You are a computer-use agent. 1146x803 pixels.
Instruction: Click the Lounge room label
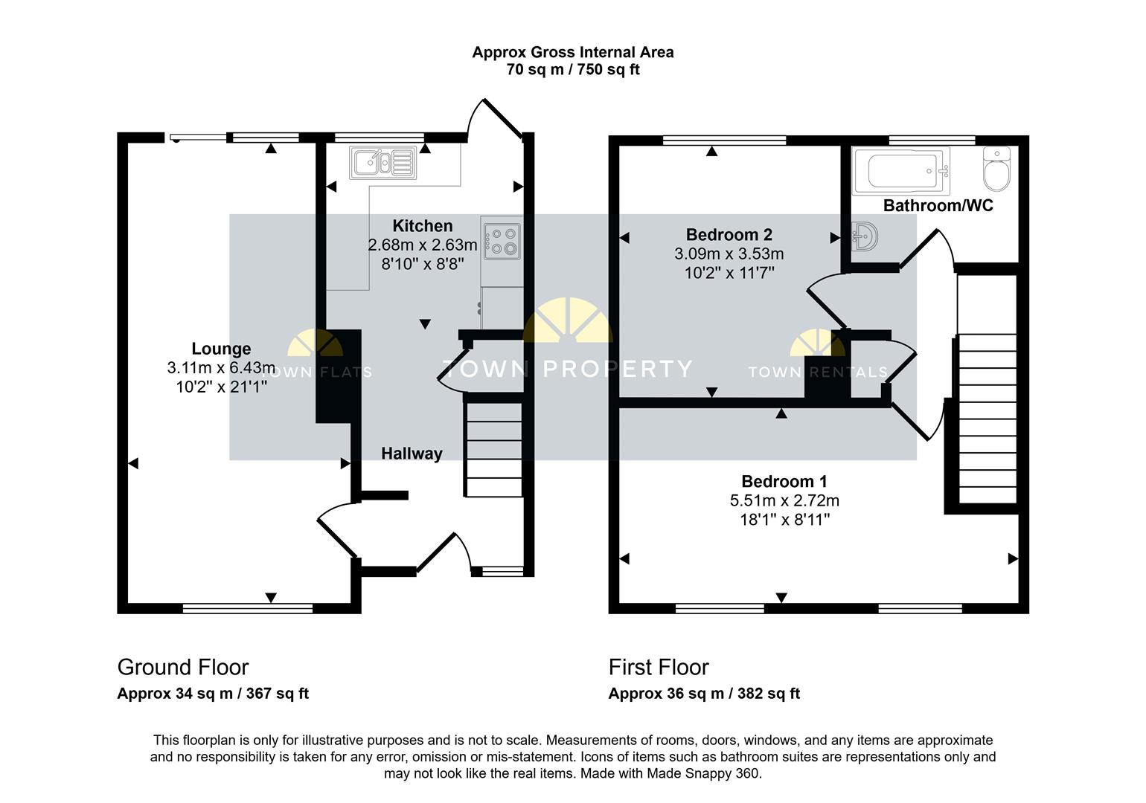tap(221, 349)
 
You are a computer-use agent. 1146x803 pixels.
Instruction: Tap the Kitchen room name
tap(423, 226)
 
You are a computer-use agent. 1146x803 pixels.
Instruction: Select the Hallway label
tap(412, 454)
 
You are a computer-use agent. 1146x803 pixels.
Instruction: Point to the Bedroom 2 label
tap(729, 235)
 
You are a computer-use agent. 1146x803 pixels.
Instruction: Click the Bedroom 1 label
tap(784, 482)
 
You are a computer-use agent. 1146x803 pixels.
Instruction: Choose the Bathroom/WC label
tap(938, 205)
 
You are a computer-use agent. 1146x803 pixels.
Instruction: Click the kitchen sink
tap(382, 163)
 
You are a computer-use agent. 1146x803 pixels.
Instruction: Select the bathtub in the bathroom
tap(902, 171)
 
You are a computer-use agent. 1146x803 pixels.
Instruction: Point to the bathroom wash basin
tap(865, 236)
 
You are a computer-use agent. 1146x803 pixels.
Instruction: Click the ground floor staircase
tap(493, 449)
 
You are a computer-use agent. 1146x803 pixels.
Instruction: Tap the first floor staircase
tap(987, 418)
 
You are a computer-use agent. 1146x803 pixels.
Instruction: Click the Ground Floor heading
tap(183, 667)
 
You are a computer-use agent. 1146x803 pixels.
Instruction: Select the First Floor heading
tap(659, 667)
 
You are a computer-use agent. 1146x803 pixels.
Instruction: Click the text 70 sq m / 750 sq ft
tap(573, 69)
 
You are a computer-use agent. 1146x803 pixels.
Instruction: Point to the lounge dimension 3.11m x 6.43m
tap(221, 367)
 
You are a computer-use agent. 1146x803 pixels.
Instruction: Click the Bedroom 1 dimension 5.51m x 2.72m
tap(784, 500)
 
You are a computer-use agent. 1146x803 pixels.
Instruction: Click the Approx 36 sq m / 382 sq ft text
tap(704, 694)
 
